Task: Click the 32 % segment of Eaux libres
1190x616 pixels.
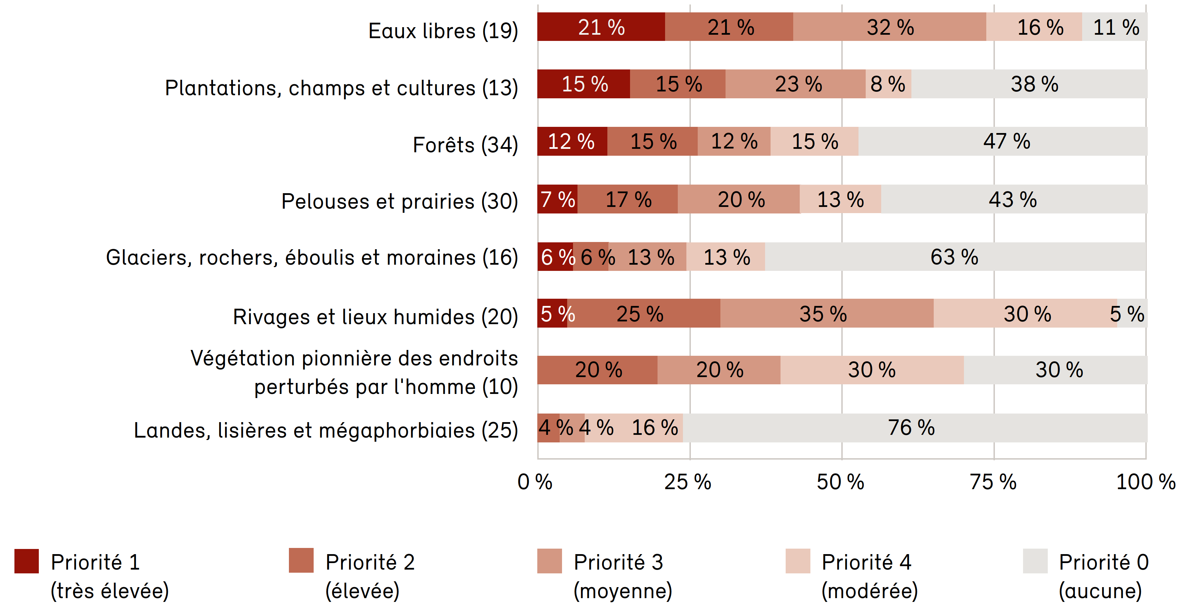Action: tap(890, 27)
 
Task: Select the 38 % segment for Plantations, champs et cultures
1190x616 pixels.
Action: tap(1034, 84)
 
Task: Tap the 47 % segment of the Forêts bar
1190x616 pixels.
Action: tap(1006, 141)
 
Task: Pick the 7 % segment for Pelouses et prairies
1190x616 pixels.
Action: tap(557, 199)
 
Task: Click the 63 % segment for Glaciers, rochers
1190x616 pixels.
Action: tap(954, 257)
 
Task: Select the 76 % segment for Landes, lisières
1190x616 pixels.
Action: tap(911, 428)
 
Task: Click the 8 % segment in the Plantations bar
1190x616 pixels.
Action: tap(888, 84)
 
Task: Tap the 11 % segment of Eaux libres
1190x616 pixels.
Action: tap(1115, 27)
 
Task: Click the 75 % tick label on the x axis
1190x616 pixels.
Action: tap(993, 482)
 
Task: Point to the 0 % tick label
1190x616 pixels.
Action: tap(535, 482)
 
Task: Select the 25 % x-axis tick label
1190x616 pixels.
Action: tap(688, 482)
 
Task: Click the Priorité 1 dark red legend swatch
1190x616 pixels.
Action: tap(27, 561)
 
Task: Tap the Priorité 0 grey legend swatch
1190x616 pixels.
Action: tap(1035, 561)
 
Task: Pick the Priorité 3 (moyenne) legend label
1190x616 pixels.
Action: tap(622, 576)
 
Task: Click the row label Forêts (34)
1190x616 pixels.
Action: tap(465, 145)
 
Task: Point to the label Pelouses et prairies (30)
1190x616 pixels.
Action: tap(399, 201)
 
